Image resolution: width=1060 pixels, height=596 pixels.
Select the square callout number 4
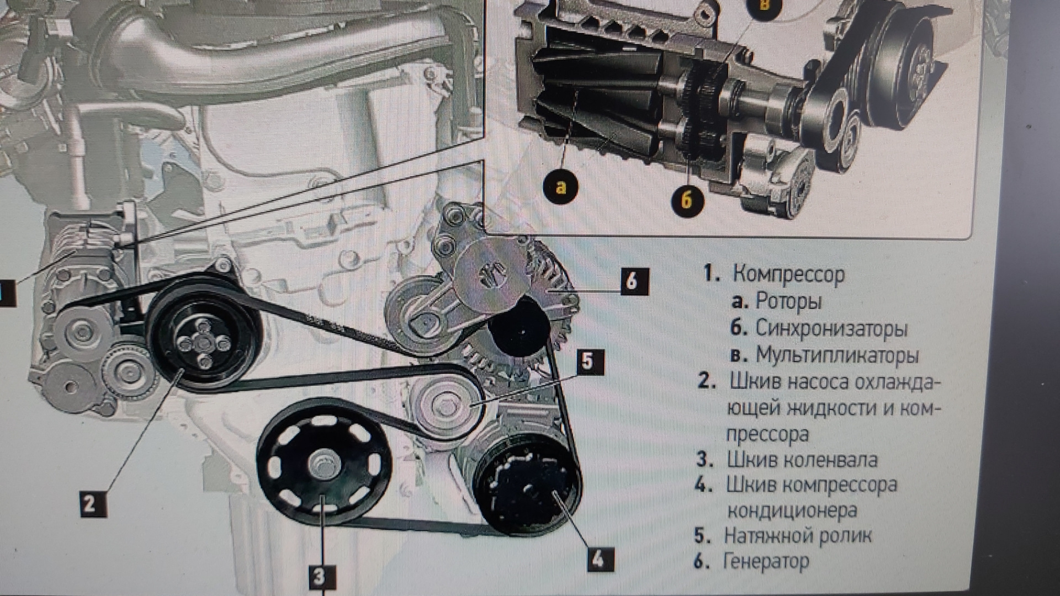[598, 559]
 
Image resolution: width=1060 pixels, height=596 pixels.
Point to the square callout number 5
[589, 361]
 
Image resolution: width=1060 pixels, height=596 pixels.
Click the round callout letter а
[561, 187]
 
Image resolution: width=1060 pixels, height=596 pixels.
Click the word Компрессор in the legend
[788, 274]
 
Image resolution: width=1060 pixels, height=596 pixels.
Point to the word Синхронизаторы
[831, 328]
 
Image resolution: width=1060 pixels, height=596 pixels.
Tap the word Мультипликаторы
[836, 355]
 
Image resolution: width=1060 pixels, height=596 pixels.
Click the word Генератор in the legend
[766, 562]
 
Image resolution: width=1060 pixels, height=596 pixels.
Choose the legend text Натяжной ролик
[798, 535]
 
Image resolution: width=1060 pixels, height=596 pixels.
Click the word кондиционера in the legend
[792, 510]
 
